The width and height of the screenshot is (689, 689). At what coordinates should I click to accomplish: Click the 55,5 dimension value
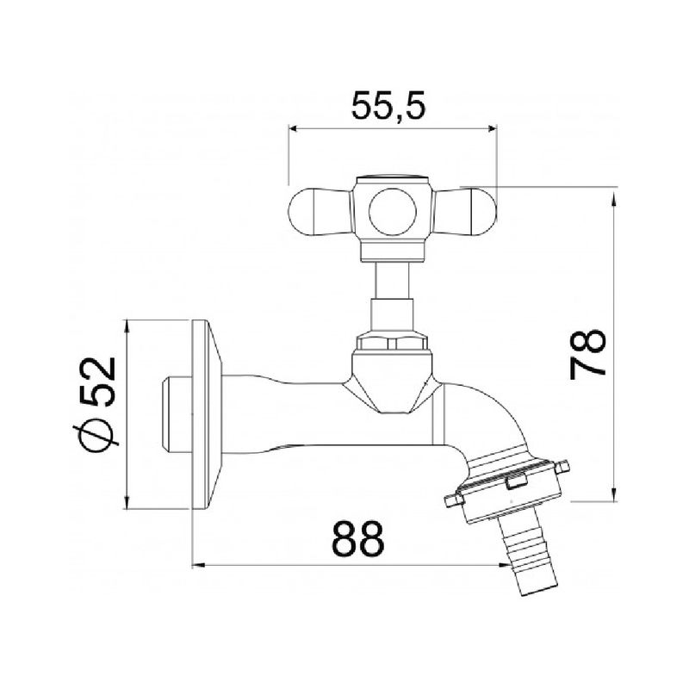click(389, 106)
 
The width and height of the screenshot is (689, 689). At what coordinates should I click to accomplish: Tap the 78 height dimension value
click(587, 354)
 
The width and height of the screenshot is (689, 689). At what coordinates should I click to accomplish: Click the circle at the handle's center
click(393, 212)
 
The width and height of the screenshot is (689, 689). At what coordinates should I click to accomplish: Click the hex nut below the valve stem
click(393, 340)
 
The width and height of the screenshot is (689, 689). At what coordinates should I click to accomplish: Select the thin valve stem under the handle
click(393, 281)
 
